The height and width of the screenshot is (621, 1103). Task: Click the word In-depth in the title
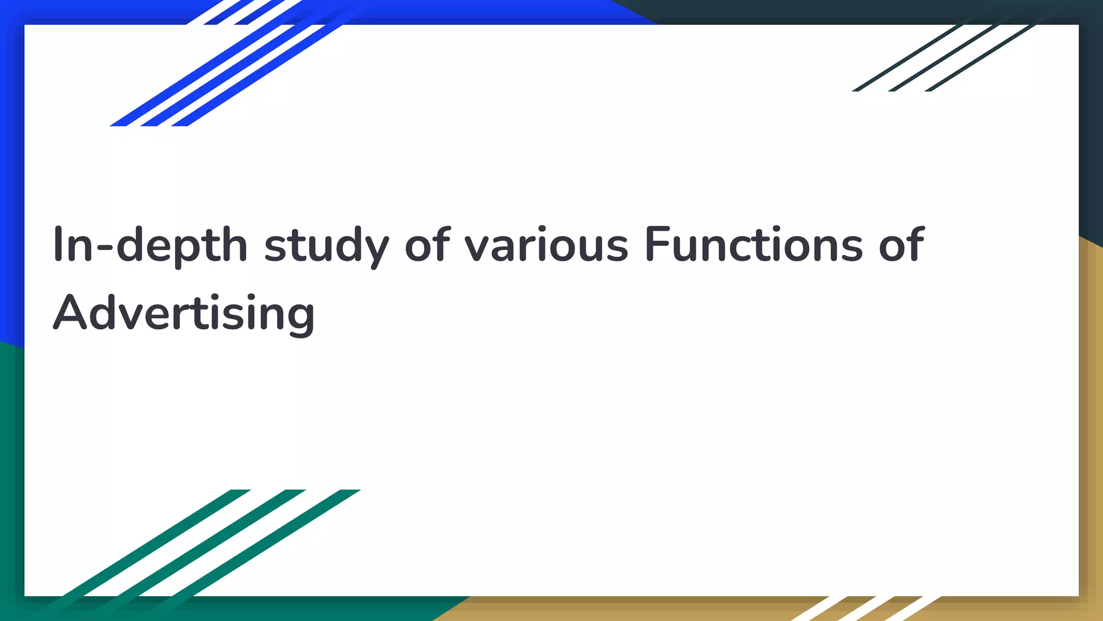pos(150,245)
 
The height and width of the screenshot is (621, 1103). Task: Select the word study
pos(326,245)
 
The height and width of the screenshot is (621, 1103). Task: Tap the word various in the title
pos(546,245)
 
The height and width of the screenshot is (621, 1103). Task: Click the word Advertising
pos(184,314)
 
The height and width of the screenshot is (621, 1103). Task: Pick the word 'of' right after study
pos(427,245)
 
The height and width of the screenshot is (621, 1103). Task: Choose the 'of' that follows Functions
pos(902,245)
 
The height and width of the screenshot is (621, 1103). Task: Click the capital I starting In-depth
pos(57,245)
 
